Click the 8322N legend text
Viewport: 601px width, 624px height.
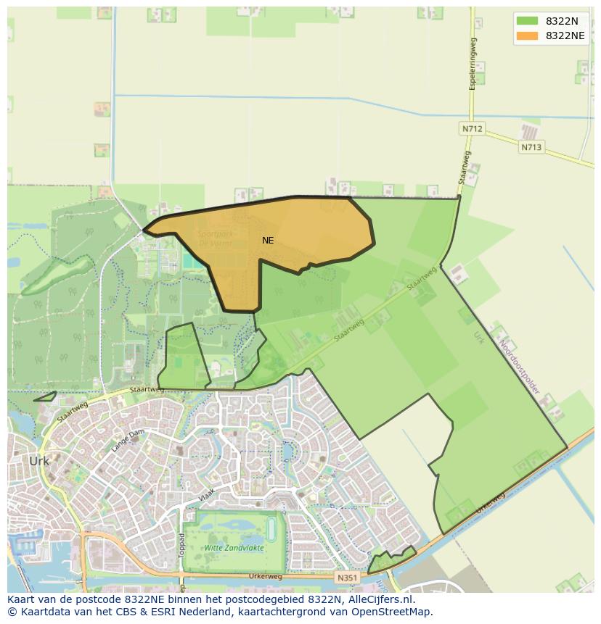click(562, 21)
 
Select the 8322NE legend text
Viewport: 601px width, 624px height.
click(565, 36)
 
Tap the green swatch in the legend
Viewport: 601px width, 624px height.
click(528, 21)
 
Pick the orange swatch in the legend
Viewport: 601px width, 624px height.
click(528, 36)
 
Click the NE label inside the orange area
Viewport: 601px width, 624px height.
click(268, 240)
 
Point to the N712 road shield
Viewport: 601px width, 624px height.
click(472, 129)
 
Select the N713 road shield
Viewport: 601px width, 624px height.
click(531, 146)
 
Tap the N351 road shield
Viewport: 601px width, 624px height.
click(347, 578)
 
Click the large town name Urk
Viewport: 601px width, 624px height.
click(39, 461)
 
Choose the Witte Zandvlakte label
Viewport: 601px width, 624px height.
click(234, 548)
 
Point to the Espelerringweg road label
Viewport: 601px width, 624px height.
click(473, 64)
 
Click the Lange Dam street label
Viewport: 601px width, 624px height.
click(128, 441)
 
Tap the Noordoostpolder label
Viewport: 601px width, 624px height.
click(520, 369)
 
